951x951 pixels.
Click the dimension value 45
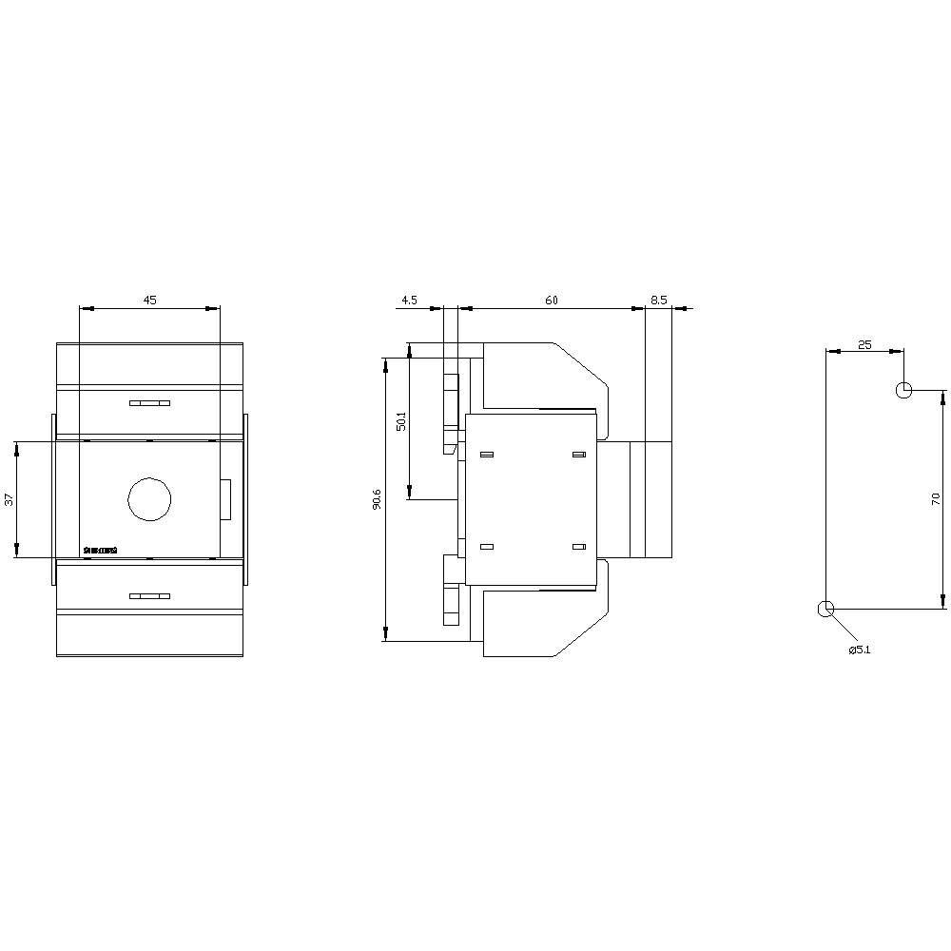tap(149, 300)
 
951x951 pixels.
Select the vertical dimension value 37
tap(10, 499)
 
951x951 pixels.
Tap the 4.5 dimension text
tap(409, 300)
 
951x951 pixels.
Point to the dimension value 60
tap(551, 300)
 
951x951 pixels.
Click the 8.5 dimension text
tap(659, 300)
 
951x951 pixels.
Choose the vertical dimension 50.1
tap(400, 420)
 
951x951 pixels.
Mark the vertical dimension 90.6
tap(377, 499)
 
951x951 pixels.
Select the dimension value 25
tap(864, 344)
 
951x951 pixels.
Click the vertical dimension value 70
tap(936, 498)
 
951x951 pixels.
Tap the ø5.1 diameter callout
tap(860, 650)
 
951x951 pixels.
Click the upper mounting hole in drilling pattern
tap(903, 390)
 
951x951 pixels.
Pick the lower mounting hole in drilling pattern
tap(825, 609)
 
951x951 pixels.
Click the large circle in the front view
tap(149, 498)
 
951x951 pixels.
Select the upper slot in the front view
tap(149, 403)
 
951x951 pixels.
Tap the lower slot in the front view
tap(149, 596)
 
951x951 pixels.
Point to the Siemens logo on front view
tap(101, 550)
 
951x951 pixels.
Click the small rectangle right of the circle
tap(225, 499)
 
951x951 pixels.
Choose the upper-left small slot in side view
tap(487, 456)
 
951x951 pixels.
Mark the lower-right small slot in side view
tap(578, 547)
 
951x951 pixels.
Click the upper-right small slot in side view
tap(578, 456)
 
